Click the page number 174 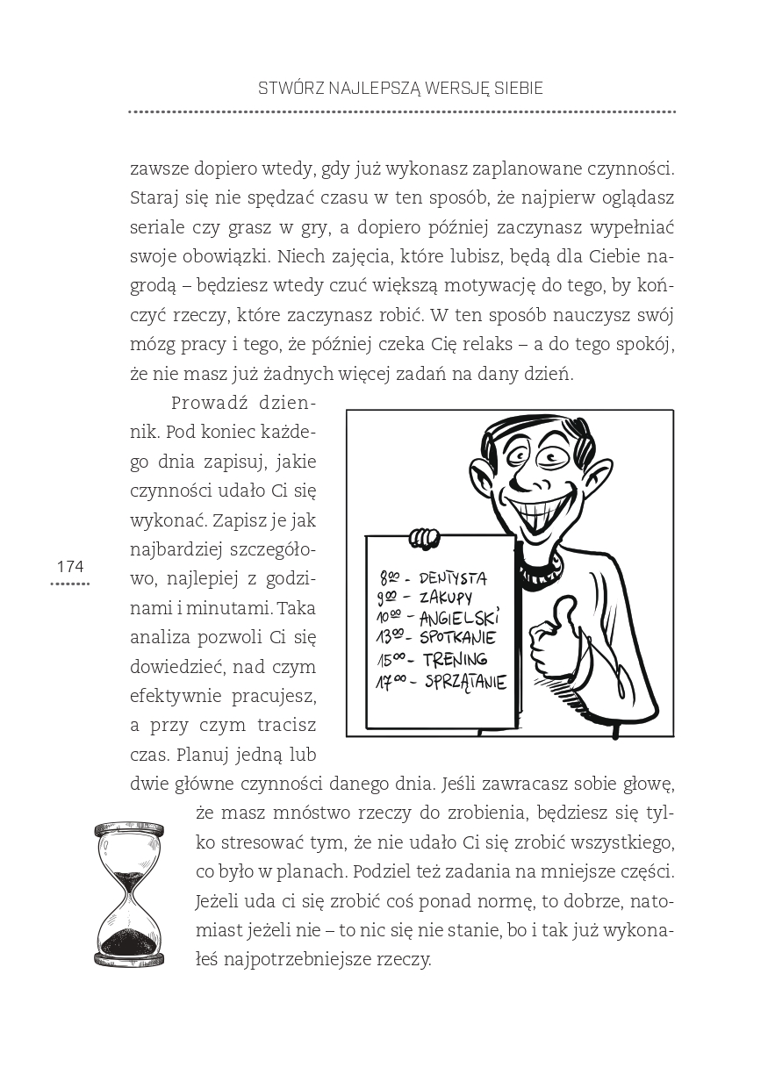69,567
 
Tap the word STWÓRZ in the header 287,89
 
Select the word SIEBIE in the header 517,89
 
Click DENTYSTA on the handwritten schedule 453,578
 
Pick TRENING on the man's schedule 454,660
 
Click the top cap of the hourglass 129,827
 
